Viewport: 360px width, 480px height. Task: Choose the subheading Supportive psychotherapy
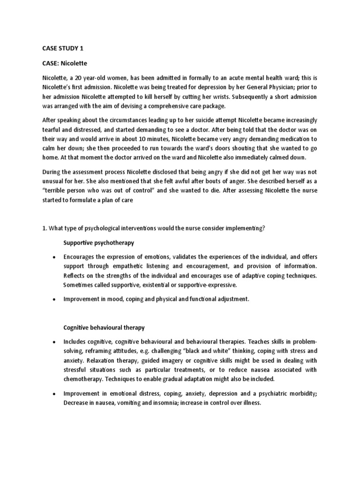click(x=98, y=243)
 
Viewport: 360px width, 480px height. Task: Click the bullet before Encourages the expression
click(x=54, y=258)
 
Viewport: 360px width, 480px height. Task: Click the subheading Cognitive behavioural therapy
click(x=104, y=327)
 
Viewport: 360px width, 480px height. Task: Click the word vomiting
click(x=126, y=403)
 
